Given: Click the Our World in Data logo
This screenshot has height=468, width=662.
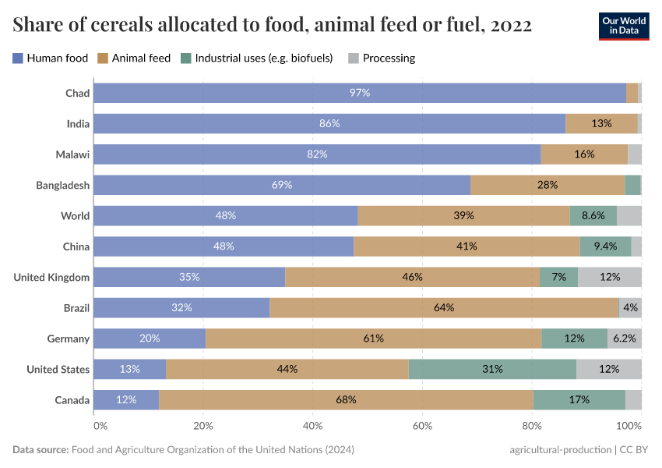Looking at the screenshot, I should click(623, 26).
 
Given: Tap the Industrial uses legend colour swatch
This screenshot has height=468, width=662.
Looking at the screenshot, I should click(185, 58).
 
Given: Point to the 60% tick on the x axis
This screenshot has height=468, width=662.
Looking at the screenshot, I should click(422, 426).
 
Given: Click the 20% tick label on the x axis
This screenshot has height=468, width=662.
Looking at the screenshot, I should click(203, 426).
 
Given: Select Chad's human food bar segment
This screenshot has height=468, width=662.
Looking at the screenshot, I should click(359, 93).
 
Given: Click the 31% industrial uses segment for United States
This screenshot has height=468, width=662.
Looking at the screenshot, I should click(492, 369).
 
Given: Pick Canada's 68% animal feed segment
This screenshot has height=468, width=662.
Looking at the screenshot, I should click(346, 399).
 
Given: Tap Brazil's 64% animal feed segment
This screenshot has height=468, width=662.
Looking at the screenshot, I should click(444, 307).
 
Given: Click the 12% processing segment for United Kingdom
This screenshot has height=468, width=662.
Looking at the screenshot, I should click(610, 277).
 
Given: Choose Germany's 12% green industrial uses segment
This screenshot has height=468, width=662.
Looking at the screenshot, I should click(575, 339).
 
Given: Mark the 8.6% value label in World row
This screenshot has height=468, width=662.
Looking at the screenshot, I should click(593, 215).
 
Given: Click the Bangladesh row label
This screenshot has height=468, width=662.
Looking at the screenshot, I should click(63, 185).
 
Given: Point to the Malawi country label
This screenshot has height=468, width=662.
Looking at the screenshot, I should click(72, 154).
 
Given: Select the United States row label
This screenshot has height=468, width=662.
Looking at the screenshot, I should click(58, 369).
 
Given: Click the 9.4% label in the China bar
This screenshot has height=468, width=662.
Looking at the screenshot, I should click(605, 246).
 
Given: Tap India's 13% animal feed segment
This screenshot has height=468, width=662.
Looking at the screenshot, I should click(601, 123).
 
